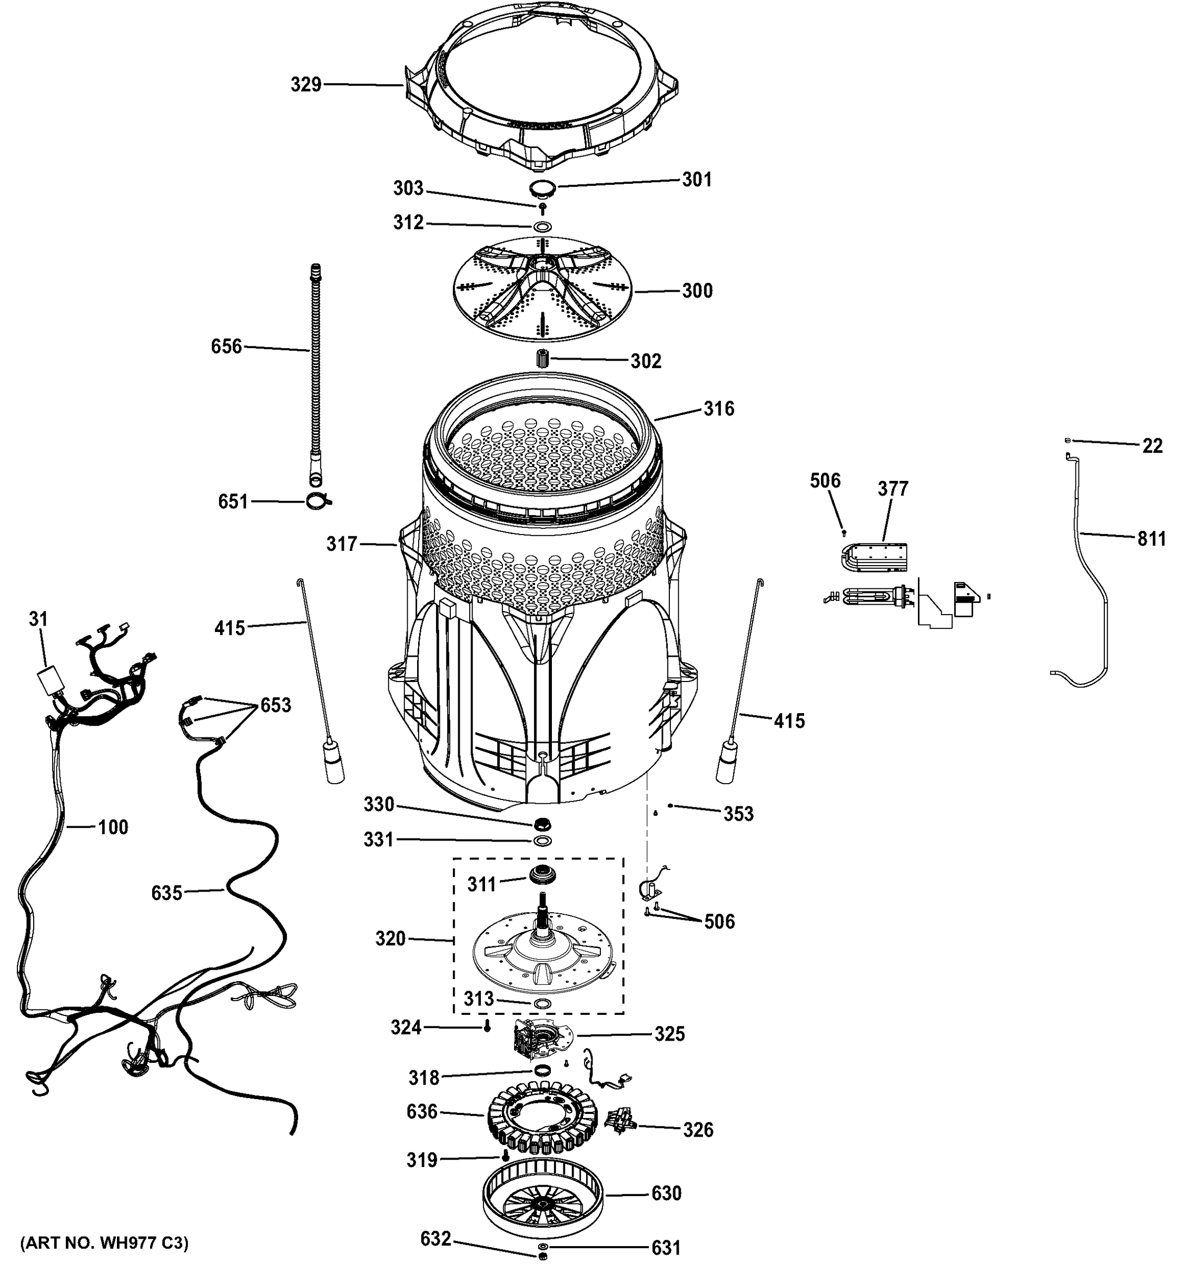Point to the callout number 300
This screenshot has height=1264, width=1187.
697,291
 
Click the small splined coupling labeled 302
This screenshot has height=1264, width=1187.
542,359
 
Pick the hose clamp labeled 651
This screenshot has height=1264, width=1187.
316,502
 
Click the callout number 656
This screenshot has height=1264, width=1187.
226,347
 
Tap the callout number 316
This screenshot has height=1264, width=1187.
718,408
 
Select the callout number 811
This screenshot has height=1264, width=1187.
1151,539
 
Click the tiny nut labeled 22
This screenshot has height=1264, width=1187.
1069,440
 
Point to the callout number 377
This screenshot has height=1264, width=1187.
893,488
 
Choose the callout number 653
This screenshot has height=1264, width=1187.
275,705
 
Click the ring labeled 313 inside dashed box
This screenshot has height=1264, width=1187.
542,1003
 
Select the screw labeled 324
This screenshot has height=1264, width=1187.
488,1028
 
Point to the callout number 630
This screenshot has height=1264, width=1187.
666,1193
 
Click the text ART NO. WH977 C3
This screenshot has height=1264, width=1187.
105,1242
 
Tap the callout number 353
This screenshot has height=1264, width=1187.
738,814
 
